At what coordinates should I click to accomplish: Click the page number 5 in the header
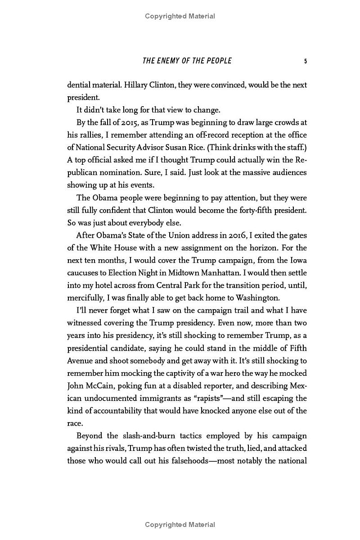306,61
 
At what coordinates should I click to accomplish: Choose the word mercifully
86,297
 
